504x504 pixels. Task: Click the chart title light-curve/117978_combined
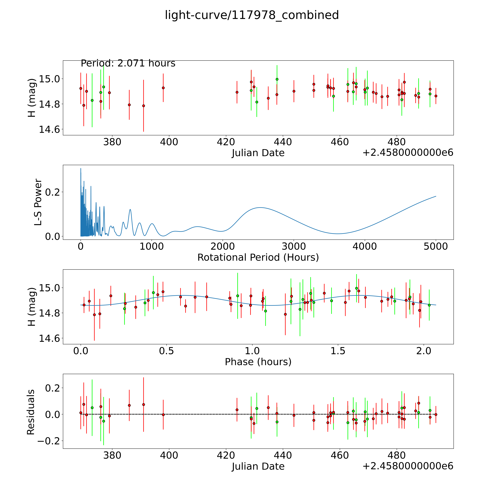tap(252, 15)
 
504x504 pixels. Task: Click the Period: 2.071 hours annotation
tap(128, 63)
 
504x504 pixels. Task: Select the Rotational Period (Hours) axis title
tap(258, 258)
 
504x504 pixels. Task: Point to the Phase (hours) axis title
tap(258, 362)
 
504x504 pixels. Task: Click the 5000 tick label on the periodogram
tap(436, 246)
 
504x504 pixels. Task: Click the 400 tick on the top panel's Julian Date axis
tap(169, 142)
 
